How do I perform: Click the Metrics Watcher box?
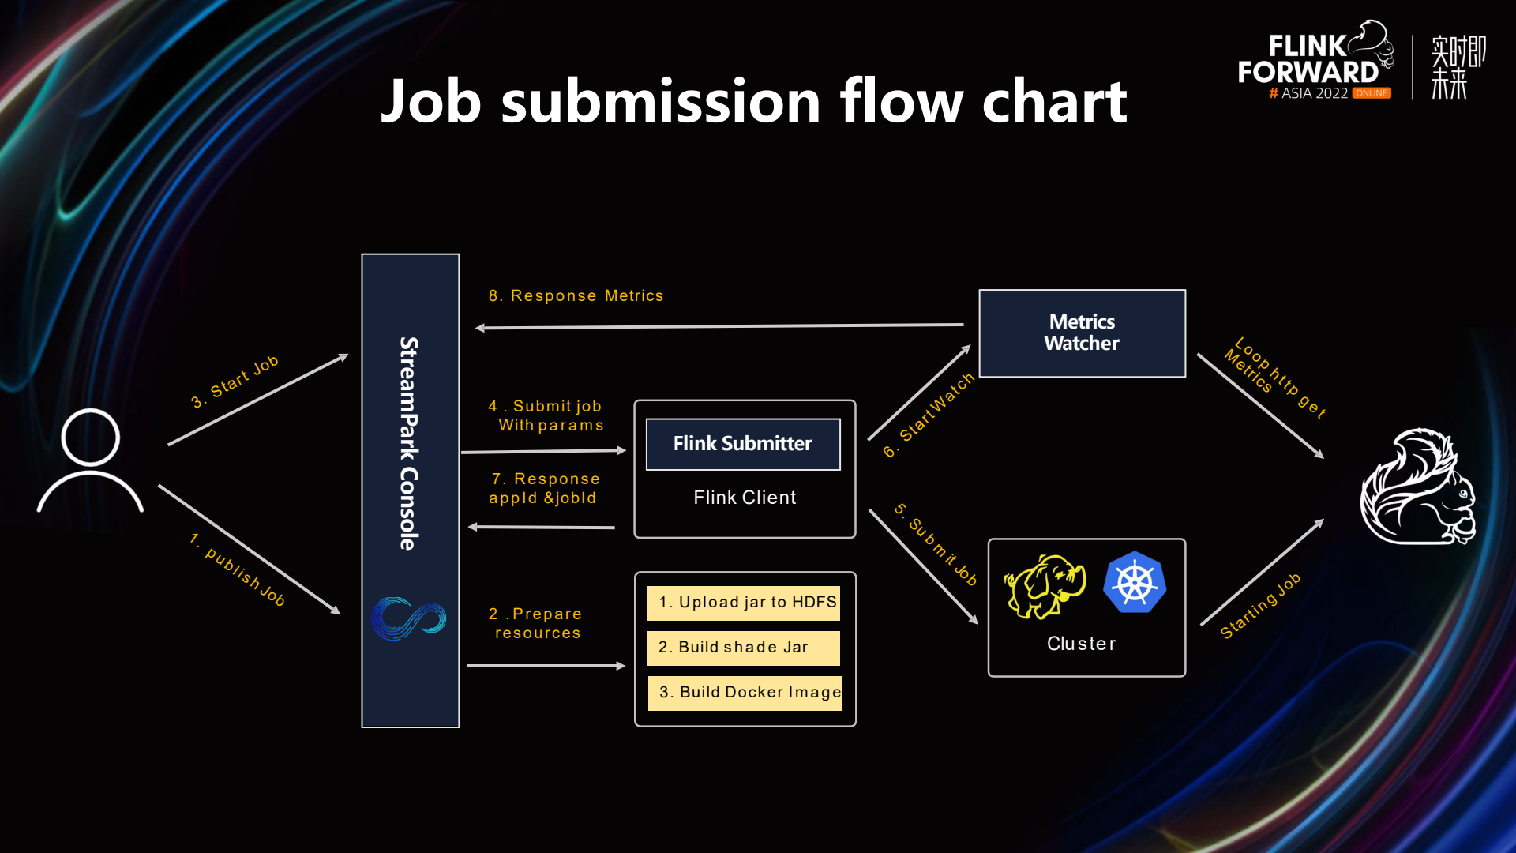(x=1082, y=333)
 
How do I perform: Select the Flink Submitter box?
(x=742, y=444)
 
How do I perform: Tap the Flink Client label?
(x=745, y=498)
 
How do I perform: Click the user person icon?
(x=90, y=461)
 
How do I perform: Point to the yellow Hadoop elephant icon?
(x=1045, y=586)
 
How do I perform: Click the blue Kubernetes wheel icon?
(x=1135, y=583)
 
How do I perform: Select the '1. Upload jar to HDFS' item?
(x=743, y=603)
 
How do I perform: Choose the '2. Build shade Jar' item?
(x=743, y=648)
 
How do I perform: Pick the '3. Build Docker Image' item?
(x=745, y=693)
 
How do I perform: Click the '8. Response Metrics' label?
(x=576, y=295)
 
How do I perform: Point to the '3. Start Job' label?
(x=235, y=381)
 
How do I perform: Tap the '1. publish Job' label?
(x=238, y=569)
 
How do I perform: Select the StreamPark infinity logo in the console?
(x=409, y=618)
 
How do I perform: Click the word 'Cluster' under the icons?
(x=1081, y=644)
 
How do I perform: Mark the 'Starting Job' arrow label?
(x=1260, y=606)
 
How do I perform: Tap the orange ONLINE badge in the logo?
(x=1372, y=93)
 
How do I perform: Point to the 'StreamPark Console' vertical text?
(x=408, y=443)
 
